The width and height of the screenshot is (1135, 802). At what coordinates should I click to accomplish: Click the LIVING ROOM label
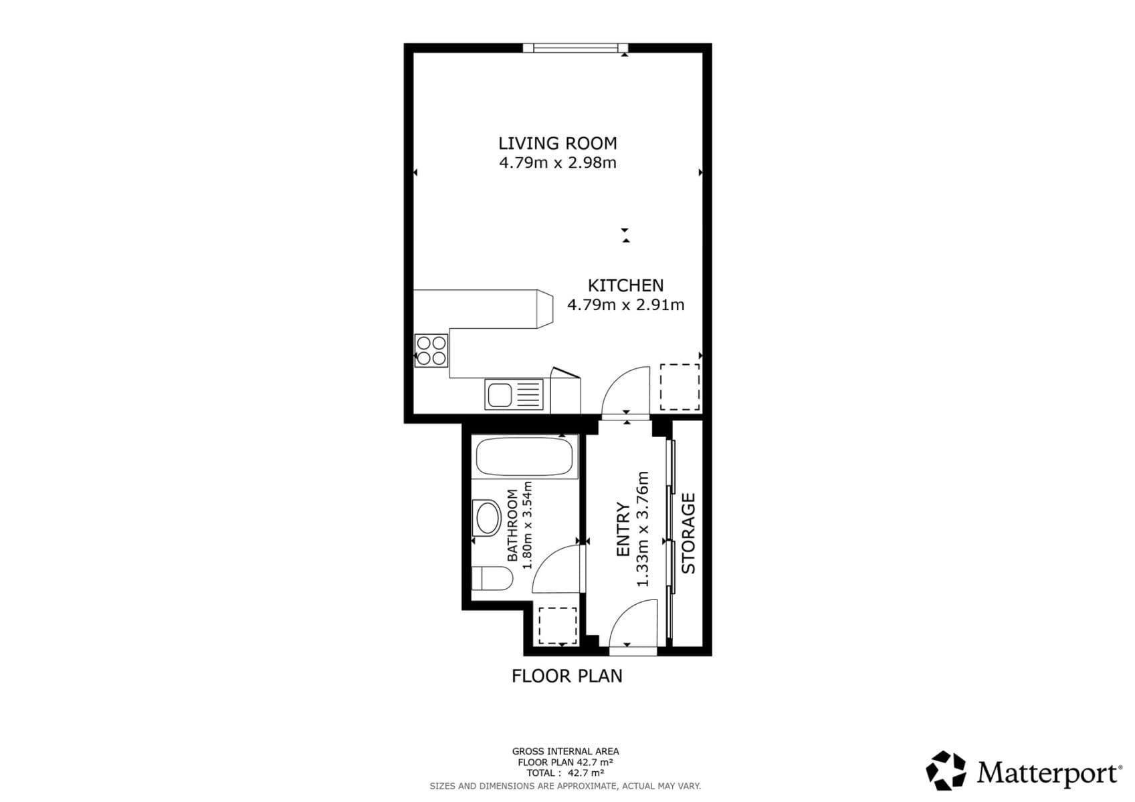(557, 143)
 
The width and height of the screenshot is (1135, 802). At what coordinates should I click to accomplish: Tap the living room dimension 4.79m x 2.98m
(557, 162)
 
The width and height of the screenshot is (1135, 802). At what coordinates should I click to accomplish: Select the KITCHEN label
(625, 285)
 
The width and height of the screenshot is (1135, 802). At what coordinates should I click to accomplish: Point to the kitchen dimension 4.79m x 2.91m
(625, 305)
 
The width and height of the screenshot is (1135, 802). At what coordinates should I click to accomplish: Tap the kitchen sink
(514, 394)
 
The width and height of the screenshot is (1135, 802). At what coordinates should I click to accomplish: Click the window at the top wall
(575, 47)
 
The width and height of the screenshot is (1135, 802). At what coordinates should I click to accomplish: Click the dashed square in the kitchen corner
(680, 387)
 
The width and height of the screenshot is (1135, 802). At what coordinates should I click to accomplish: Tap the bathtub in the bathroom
(524, 457)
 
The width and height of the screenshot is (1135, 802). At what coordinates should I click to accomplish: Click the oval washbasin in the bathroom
(487, 518)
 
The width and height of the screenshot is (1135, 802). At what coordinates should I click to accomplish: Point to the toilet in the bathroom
(492, 578)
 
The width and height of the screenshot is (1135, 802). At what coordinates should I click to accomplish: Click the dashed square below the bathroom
(557, 626)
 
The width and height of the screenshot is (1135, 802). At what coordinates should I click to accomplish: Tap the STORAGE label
(688, 533)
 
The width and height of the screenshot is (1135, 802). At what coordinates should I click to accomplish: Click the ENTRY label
(623, 529)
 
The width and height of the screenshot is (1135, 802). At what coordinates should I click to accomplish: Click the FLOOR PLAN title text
(566, 676)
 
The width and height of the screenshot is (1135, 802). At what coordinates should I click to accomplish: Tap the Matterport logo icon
(946, 771)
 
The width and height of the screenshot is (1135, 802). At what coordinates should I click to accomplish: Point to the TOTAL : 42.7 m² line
(565, 773)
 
